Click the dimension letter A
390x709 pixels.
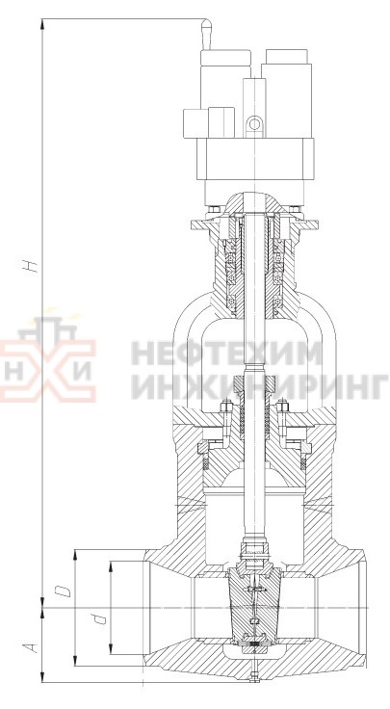point(31,647)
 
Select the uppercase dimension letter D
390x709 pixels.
point(63,591)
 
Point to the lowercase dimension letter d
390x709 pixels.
point(102,617)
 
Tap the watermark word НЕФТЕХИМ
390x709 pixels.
point(227,354)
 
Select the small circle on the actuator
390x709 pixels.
point(255,124)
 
